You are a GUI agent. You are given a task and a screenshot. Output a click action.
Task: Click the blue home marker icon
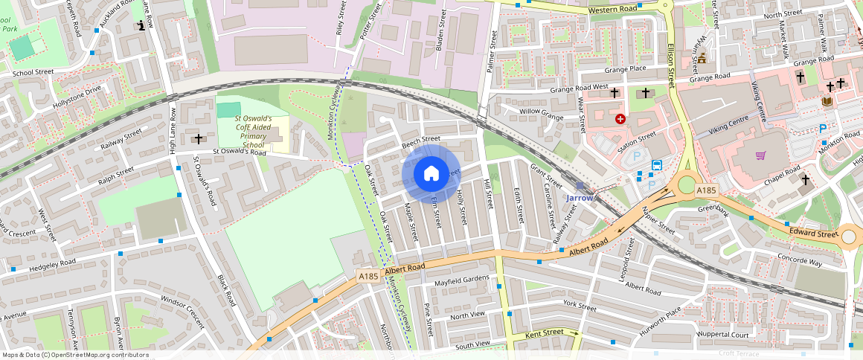click(431, 173)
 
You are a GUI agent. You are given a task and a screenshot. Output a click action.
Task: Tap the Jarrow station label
click(580, 199)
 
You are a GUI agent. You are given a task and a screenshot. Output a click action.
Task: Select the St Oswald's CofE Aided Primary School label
click(253, 132)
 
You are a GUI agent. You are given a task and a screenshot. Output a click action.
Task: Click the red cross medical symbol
click(620, 118)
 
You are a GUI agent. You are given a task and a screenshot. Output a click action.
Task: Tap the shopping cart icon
click(760, 155)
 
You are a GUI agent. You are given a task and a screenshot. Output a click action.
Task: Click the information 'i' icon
click(141, 27)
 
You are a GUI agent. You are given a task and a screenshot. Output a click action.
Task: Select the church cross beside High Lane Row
click(199, 138)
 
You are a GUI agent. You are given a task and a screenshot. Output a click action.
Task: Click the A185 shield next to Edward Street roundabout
click(706, 191)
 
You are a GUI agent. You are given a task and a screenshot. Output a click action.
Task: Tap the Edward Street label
click(815, 234)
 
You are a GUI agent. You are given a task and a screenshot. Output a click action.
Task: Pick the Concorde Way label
click(799, 262)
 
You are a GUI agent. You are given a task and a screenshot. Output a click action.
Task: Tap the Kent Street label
click(543, 332)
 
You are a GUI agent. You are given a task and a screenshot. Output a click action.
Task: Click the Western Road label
click(612, 9)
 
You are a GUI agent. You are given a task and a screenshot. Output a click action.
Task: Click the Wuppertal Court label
click(721, 335)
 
